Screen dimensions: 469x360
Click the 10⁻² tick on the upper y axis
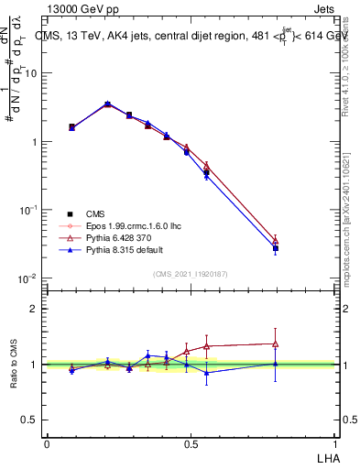click(x=29, y=278)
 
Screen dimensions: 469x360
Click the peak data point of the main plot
click(x=107, y=104)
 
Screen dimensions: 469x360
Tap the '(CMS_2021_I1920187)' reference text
click(x=190, y=273)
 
